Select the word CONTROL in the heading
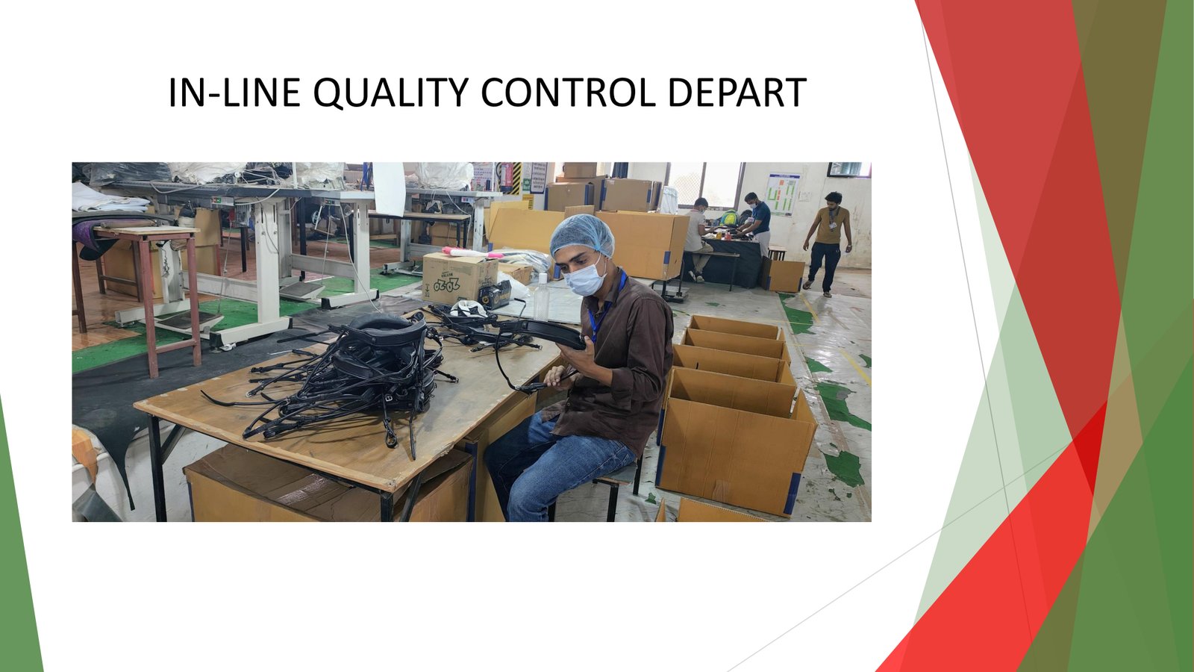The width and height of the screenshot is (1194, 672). coord(568,93)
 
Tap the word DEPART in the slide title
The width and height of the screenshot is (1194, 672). coord(736,93)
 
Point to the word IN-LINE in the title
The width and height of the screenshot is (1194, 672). coord(234,93)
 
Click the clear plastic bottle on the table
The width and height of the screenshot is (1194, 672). coord(542,296)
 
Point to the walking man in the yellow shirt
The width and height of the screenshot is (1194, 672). coord(828,243)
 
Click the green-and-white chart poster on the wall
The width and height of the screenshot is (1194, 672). coord(783,194)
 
